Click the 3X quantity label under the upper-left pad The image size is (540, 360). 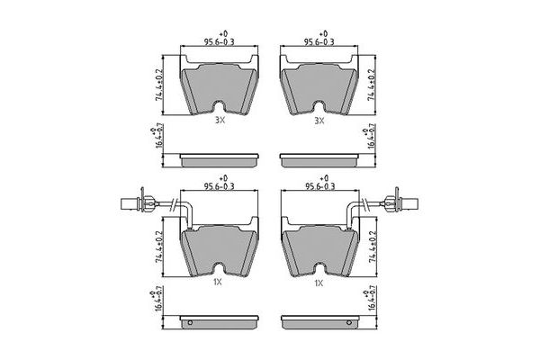point(219,121)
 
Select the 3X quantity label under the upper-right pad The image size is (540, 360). point(318,121)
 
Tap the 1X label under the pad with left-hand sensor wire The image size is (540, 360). point(219,283)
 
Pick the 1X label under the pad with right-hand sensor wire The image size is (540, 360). point(318,283)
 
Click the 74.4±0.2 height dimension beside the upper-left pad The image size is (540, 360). point(161,84)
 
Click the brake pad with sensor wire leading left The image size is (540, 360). point(220,247)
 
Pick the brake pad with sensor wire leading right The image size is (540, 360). point(320,247)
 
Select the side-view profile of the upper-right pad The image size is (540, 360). point(321,159)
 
